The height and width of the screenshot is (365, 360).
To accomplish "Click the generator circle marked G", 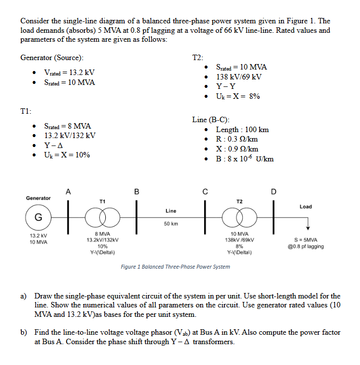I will [38, 218].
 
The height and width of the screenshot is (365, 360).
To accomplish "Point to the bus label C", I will [204, 192].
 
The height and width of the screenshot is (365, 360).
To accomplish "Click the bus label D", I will [272, 192].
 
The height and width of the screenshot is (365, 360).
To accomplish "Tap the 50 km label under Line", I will [170, 224].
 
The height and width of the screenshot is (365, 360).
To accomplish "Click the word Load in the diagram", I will [306, 207].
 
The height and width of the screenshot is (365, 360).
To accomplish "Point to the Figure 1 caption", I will [175, 267].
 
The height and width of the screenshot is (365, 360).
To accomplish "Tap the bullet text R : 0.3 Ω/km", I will [237, 140].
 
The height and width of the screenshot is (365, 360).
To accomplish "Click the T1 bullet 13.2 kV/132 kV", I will [70, 136].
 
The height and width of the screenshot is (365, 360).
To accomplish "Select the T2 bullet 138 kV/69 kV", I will [238, 76].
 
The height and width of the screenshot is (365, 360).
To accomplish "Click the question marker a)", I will [23, 296].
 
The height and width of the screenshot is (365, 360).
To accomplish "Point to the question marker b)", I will [23, 332].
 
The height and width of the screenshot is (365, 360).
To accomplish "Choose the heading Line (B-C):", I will [211, 120].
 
